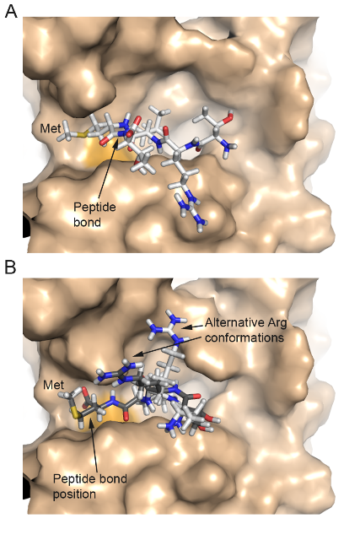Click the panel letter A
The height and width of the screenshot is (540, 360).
tap(11, 11)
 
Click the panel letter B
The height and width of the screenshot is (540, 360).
tap(10, 267)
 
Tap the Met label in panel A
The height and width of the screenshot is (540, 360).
tap(51, 128)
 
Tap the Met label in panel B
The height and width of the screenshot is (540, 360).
tap(53, 385)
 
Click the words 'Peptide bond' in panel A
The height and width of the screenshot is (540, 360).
tap(94, 214)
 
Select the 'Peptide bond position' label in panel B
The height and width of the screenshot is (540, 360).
tap(89, 486)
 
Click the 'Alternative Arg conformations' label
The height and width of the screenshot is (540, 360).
tap(245, 330)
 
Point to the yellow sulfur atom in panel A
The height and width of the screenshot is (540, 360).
tap(83, 135)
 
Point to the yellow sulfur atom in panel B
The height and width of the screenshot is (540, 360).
tap(79, 414)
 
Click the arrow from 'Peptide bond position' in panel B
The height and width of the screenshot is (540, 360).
tap(94, 445)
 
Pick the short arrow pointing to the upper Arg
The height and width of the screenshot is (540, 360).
tap(192, 327)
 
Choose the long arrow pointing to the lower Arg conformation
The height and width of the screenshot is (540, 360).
tap(167, 346)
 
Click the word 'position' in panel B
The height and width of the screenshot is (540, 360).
tap(74, 494)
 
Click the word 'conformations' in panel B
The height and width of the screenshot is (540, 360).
tap(244, 337)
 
